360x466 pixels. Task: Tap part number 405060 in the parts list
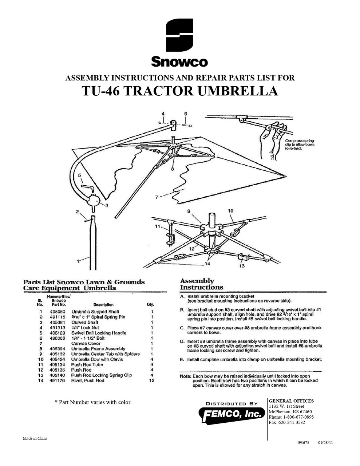pos(57,312)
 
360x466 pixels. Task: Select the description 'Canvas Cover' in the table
pos(86,343)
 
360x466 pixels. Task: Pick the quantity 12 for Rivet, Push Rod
pos(151,380)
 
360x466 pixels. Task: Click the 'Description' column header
pos(103,305)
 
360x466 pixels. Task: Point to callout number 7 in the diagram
pos(157,197)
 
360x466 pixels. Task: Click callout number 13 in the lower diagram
pos(242,266)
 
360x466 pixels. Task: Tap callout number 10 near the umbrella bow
pos(230,211)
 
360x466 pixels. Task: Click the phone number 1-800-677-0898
pos(298,417)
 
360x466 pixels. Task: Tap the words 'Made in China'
pos(35,438)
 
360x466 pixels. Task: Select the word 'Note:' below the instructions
pos(186,376)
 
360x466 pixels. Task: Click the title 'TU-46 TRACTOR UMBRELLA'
pos(180,91)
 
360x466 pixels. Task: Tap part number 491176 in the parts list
pos(57,380)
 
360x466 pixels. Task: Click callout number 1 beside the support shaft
pos(78,261)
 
